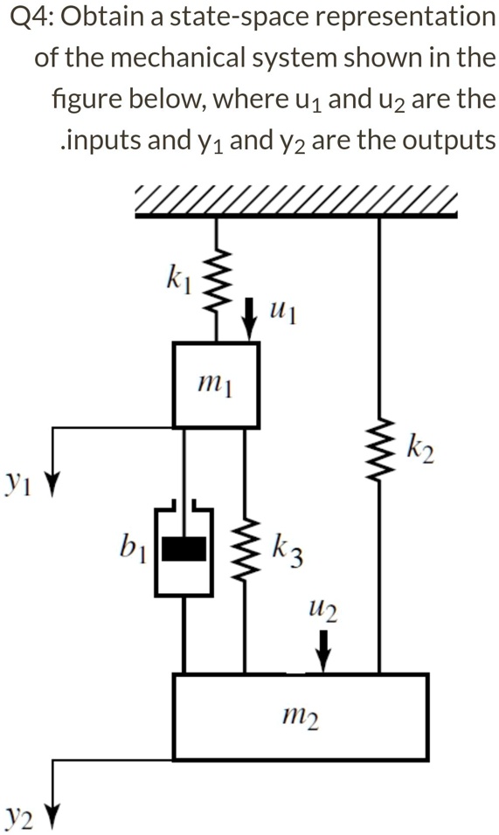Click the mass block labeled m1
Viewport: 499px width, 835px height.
(x=216, y=384)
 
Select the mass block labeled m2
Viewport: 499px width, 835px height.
(x=301, y=716)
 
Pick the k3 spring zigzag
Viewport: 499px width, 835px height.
(x=244, y=548)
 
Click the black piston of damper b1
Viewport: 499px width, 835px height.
(x=184, y=548)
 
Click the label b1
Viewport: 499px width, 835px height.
(x=133, y=549)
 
